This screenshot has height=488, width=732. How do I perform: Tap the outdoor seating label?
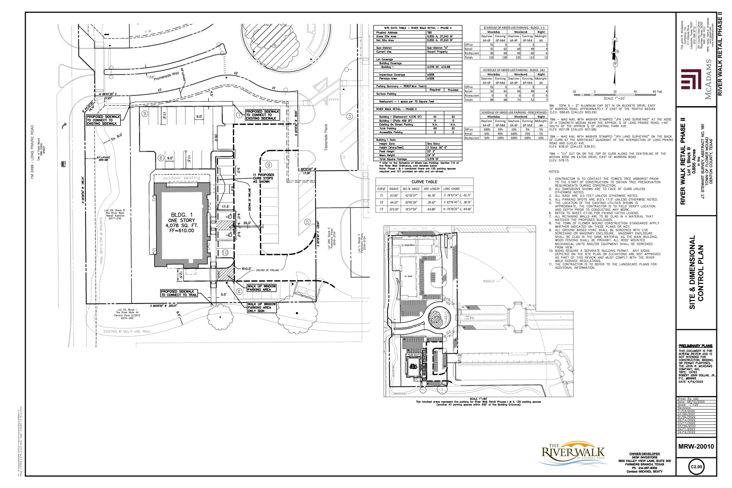182,178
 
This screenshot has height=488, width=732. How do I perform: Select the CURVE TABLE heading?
424,182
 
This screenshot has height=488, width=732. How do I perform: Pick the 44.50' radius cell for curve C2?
394,202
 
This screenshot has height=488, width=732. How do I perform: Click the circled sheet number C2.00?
696,467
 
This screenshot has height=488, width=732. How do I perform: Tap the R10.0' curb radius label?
247,268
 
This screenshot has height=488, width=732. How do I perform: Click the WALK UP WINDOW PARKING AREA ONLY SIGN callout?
261,307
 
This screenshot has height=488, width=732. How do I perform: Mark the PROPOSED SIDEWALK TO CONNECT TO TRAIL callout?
179,293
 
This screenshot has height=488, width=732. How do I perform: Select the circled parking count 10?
225,253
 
